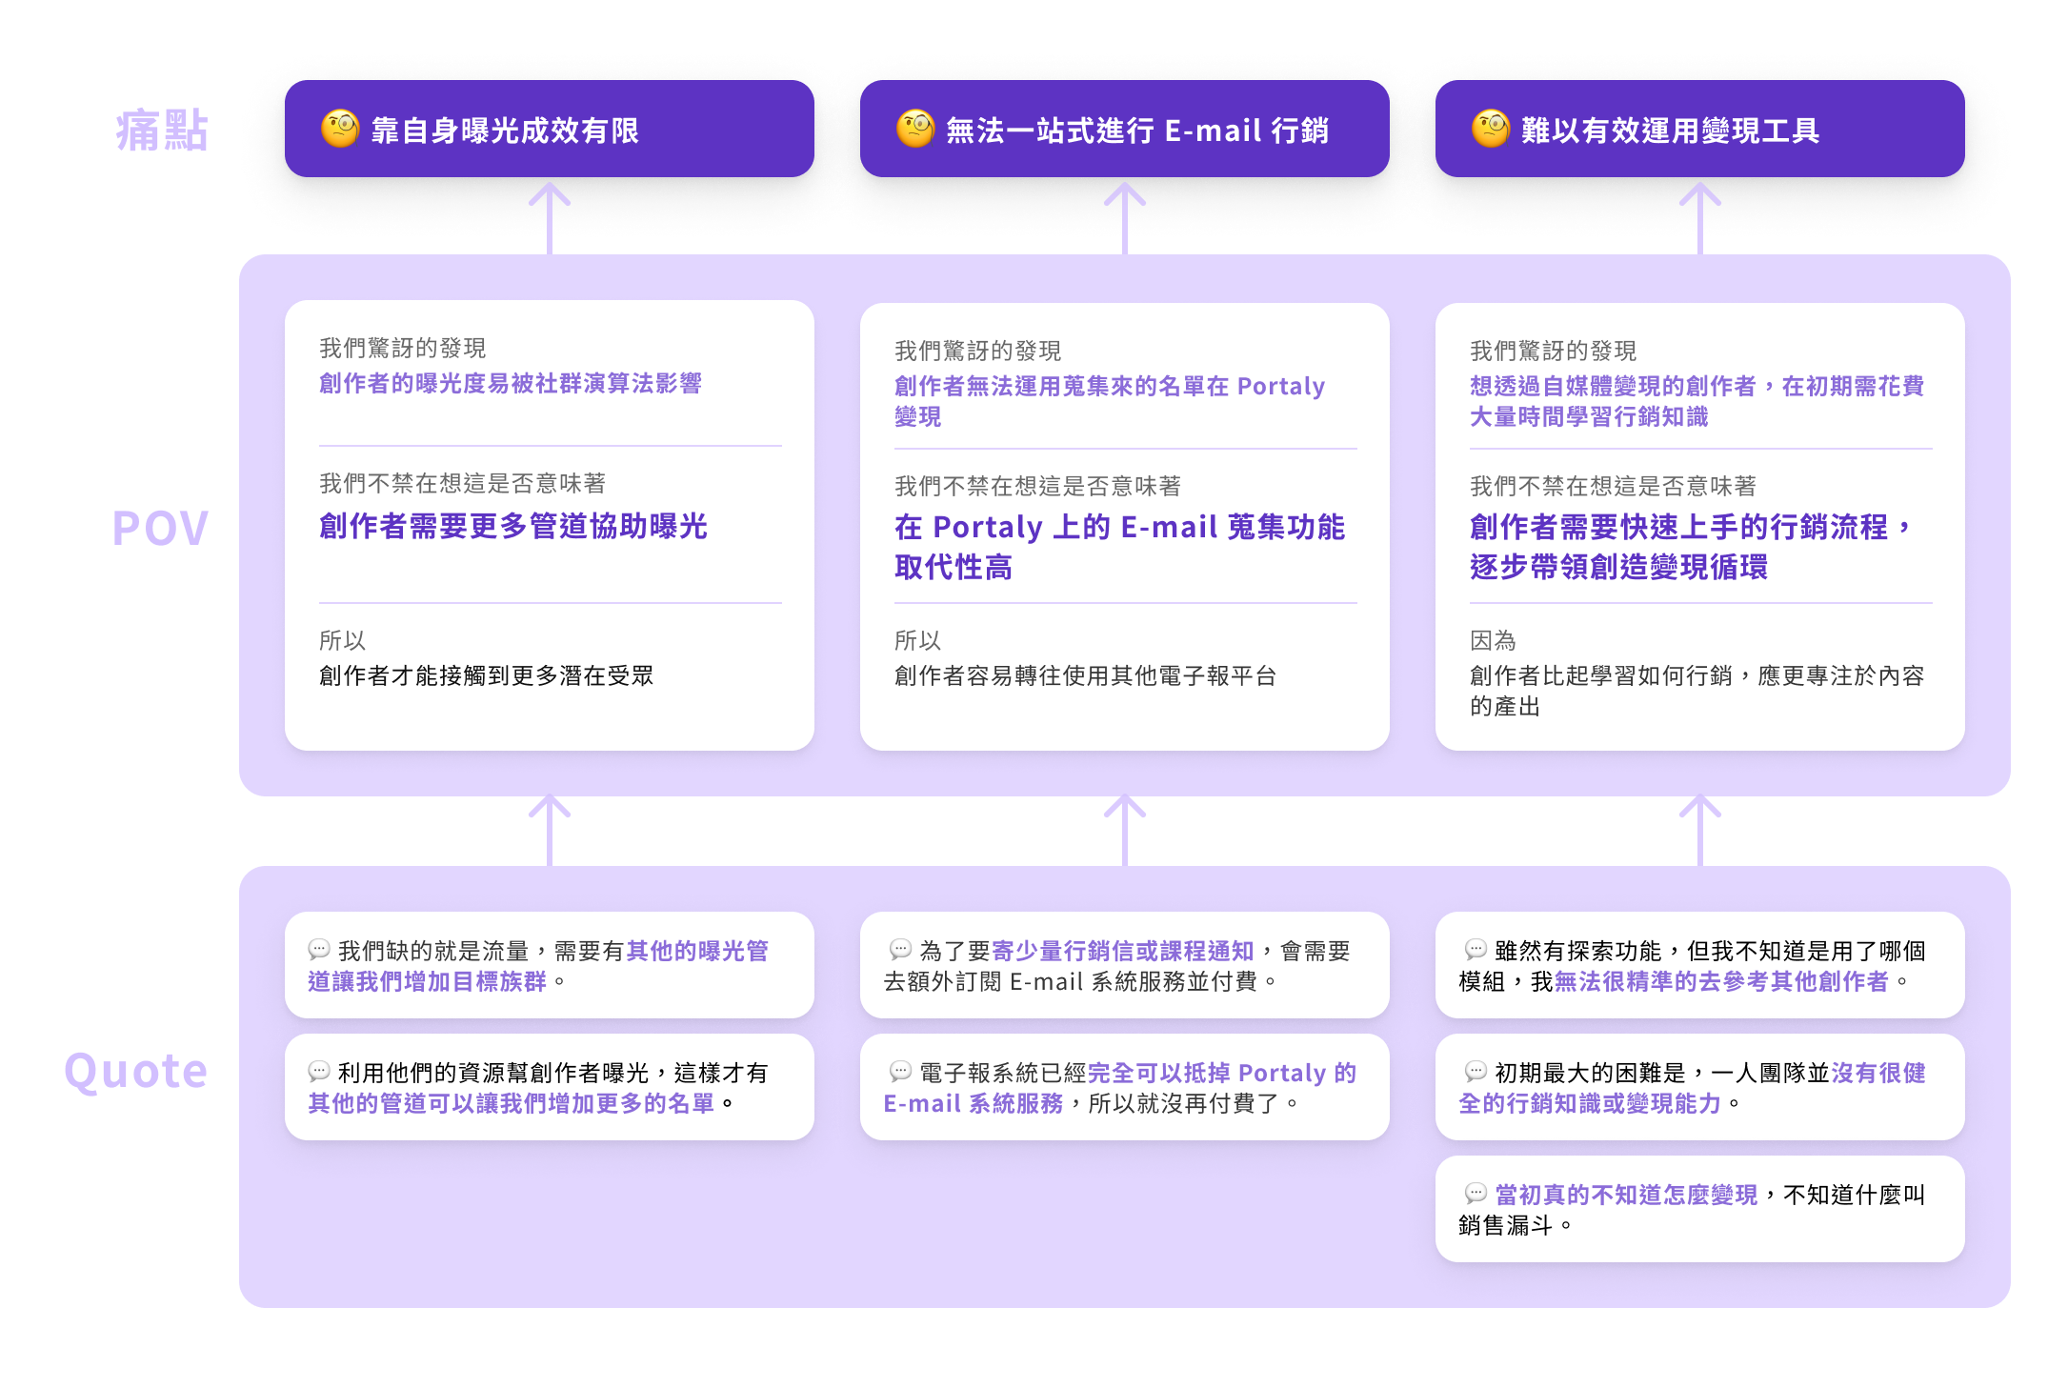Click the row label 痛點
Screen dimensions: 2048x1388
click(x=162, y=130)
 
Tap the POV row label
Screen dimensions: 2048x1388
click(x=160, y=528)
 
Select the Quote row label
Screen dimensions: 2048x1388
click(x=136, y=1072)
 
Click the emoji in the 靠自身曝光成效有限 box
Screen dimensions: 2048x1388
click(x=340, y=129)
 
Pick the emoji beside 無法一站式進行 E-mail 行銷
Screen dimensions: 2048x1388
click(x=915, y=129)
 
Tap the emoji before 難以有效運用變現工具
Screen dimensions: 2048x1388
click(x=1491, y=129)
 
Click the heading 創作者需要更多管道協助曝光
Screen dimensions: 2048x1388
click(x=513, y=526)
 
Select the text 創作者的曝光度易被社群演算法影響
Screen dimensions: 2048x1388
click(x=511, y=383)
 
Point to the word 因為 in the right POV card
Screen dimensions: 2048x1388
click(x=1493, y=640)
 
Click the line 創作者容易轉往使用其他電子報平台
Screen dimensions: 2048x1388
click(x=1085, y=675)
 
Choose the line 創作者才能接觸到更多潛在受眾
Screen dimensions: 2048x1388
click(x=487, y=675)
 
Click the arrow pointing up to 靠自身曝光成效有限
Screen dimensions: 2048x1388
click(x=550, y=218)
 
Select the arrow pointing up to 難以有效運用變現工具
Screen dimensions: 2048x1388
click(x=1700, y=218)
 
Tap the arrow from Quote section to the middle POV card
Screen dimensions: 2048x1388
click(x=1125, y=830)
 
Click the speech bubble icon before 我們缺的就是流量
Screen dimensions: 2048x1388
click(x=319, y=950)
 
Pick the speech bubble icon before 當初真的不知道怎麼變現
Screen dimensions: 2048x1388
click(x=1476, y=1194)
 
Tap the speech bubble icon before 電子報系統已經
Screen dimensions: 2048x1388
click(x=900, y=1072)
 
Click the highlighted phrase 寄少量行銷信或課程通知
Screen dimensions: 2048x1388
click(x=1123, y=951)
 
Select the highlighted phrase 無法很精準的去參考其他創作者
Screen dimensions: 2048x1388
click(x=1721, y=981)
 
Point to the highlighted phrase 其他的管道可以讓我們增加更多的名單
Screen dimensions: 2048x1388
click(x=512, y=1103)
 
